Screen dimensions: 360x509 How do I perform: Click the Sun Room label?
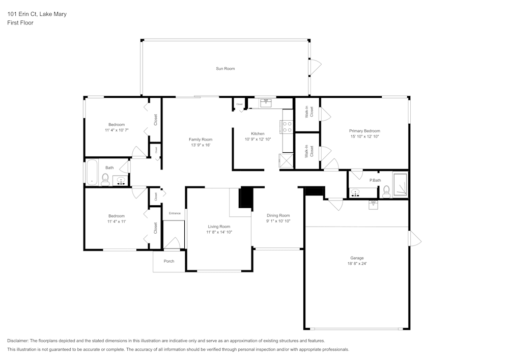225,68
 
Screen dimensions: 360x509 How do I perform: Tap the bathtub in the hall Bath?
92,173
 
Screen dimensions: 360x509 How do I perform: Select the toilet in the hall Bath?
105,179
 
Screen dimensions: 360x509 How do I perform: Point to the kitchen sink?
266,103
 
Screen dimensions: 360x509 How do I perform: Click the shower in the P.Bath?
400,185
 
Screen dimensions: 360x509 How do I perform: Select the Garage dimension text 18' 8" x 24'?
356,264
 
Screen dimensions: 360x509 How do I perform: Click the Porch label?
169,261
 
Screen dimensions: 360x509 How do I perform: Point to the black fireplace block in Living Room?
246,198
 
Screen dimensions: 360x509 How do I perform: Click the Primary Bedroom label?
364,131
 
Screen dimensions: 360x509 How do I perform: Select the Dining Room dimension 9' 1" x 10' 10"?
278,221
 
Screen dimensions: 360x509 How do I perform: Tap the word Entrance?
175,213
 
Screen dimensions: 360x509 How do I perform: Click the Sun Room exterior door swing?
316,65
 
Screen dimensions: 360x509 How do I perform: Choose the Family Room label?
201,140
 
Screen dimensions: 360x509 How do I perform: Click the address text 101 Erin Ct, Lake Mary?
37,14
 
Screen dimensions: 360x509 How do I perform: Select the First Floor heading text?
20,23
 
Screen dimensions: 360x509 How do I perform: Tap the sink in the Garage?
373,204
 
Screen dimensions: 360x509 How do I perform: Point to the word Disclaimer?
18,341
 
